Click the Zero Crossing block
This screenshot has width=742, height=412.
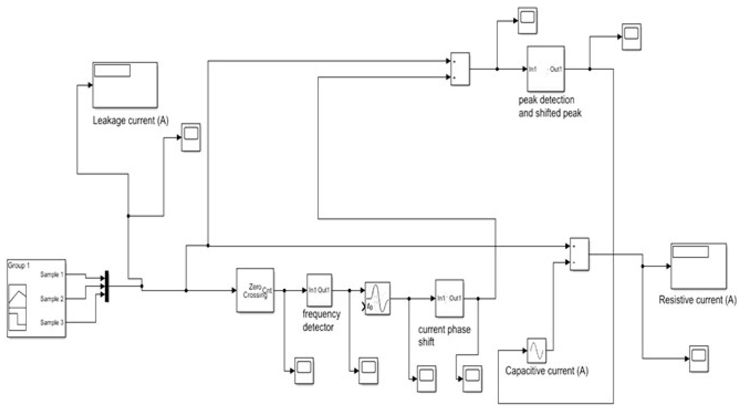[x=255, y=290]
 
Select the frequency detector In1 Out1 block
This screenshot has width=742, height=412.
[x=319, y=290]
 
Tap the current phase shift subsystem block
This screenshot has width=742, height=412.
[x=449, y=298]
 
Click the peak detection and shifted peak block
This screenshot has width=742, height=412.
[x=546, y=69]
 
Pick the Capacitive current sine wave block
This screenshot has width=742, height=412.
[x=536, y=350]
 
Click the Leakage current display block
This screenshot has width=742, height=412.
[x=125, y=85]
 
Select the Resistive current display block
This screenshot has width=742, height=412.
[x=698, y=266]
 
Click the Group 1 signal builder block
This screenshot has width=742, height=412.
[x=36, y=298]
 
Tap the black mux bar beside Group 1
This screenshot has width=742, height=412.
[x=107, y=286]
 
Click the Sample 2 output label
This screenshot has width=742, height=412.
[x=52, y=298]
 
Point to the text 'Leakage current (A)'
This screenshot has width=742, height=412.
[x=130, y=120]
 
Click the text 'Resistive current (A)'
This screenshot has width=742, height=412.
[x=697, y=300]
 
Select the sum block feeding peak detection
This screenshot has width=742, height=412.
[x=460, y=69]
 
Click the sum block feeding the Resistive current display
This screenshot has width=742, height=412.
[x=579, y=254]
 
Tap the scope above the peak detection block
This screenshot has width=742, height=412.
[x=527, y=20]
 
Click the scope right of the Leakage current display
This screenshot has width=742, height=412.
[x=191, y=137]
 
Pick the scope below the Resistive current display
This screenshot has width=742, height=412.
[x=699, y=358]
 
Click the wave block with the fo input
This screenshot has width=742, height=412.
[x=377, y=298]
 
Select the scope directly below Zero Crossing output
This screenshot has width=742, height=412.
[x=304, y=370]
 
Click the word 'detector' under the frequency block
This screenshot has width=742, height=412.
[x=318, y=327]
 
